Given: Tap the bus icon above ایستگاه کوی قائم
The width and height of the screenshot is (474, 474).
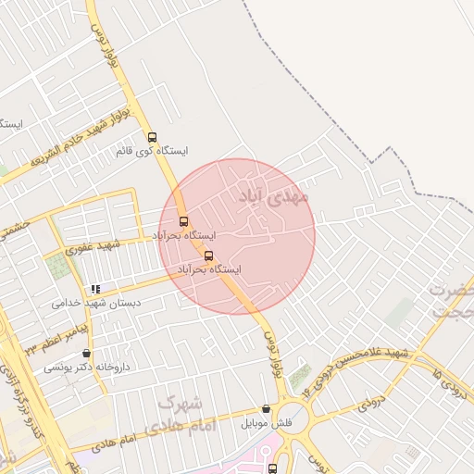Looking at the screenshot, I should click(x=153, y=137).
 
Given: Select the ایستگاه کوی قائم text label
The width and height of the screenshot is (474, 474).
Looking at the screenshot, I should click(x=153, y=150).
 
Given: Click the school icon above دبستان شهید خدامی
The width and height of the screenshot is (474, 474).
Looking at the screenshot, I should click(x=96, y=289).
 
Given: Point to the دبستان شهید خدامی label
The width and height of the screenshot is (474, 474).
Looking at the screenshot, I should click(x=96, y=302).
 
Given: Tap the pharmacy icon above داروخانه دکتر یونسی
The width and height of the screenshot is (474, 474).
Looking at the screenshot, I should click(x=87, y=353).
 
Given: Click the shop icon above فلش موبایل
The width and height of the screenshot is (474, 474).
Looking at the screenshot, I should click(x=267, y=409).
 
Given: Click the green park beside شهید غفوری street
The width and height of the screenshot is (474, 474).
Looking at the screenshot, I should click(x=58, y=267).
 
